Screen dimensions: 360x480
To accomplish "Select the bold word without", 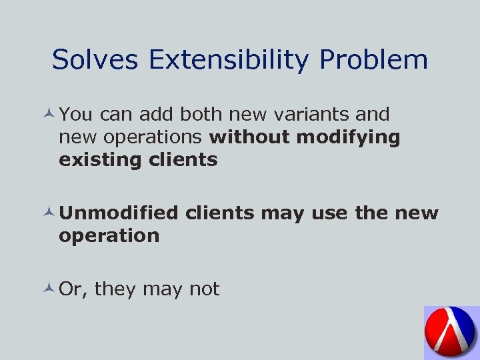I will pyautogui.click(x=249, y=137).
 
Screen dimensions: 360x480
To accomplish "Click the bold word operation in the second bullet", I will pyautogui.click(x=109, y=236).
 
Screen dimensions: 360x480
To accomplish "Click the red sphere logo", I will pyautogui.click(x=451, y=332).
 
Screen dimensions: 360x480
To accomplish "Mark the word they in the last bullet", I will pyautogui.click(x=117, y=289).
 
